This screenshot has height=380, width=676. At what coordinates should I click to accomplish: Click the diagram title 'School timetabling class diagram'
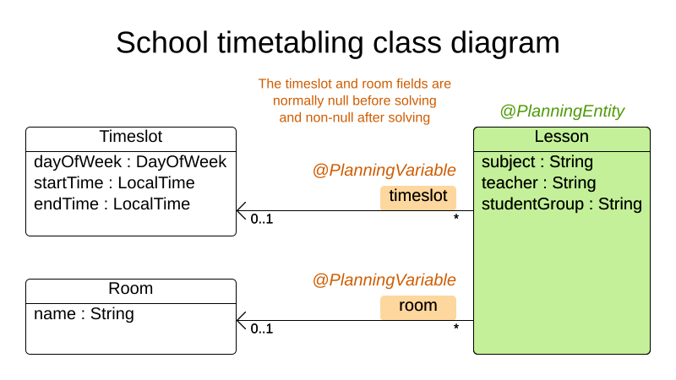click(x=337, y=43)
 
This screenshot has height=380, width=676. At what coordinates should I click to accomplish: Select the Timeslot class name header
click(x=130, y=137)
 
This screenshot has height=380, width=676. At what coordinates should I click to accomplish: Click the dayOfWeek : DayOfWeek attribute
click(x=130, y=162)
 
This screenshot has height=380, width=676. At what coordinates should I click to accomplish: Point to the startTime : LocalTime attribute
click(x=114, y=183)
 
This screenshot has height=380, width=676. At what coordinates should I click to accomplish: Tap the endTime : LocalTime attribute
click(x=112, y=204)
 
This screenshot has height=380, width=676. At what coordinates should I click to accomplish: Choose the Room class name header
click(x=130, y=289)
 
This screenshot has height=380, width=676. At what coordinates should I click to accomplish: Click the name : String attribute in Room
click(x=84, y=314)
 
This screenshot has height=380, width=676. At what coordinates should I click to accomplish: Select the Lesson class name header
click(x=561, y=137)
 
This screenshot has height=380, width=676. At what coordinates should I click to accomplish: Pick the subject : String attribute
click(x=537, y=162)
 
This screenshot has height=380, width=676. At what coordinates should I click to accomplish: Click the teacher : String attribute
click(x=538, y=183)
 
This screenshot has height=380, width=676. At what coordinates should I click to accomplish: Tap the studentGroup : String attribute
click(x=561, y=204)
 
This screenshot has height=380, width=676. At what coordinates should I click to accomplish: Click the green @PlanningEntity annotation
click(x=562, y=111)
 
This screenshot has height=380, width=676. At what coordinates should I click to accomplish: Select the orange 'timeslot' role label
click(x=417, y=197)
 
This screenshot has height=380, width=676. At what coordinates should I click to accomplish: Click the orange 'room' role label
click(x=417, y=306)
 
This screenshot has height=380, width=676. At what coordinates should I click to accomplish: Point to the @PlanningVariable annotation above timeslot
click(x=384, y=171)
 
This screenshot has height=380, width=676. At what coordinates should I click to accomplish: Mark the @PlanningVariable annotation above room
click(x=384, y=280)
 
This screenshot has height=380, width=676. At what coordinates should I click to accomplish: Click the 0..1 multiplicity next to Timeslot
click(x=262, y=220)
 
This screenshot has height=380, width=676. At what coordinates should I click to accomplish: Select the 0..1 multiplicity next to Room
click(x=262, y=328)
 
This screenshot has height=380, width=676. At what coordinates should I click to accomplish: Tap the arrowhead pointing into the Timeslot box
click(x=242, y=210)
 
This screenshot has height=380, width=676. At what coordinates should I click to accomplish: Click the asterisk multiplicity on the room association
click(x=456, y=328)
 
